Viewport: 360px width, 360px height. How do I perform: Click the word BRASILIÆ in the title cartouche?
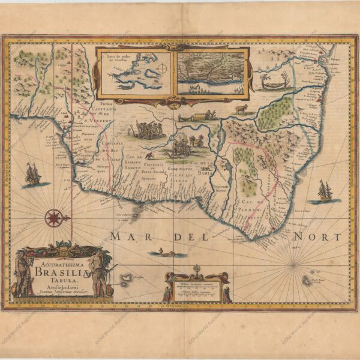point(59,271)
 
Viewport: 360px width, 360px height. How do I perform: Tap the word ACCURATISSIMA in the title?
point(58,261)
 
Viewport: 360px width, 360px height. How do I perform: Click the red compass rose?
point(54,217)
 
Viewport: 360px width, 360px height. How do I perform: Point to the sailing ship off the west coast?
point(32,175)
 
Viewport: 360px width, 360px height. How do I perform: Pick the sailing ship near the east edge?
point(325,191)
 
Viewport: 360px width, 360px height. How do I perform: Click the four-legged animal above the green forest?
point(241,109)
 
